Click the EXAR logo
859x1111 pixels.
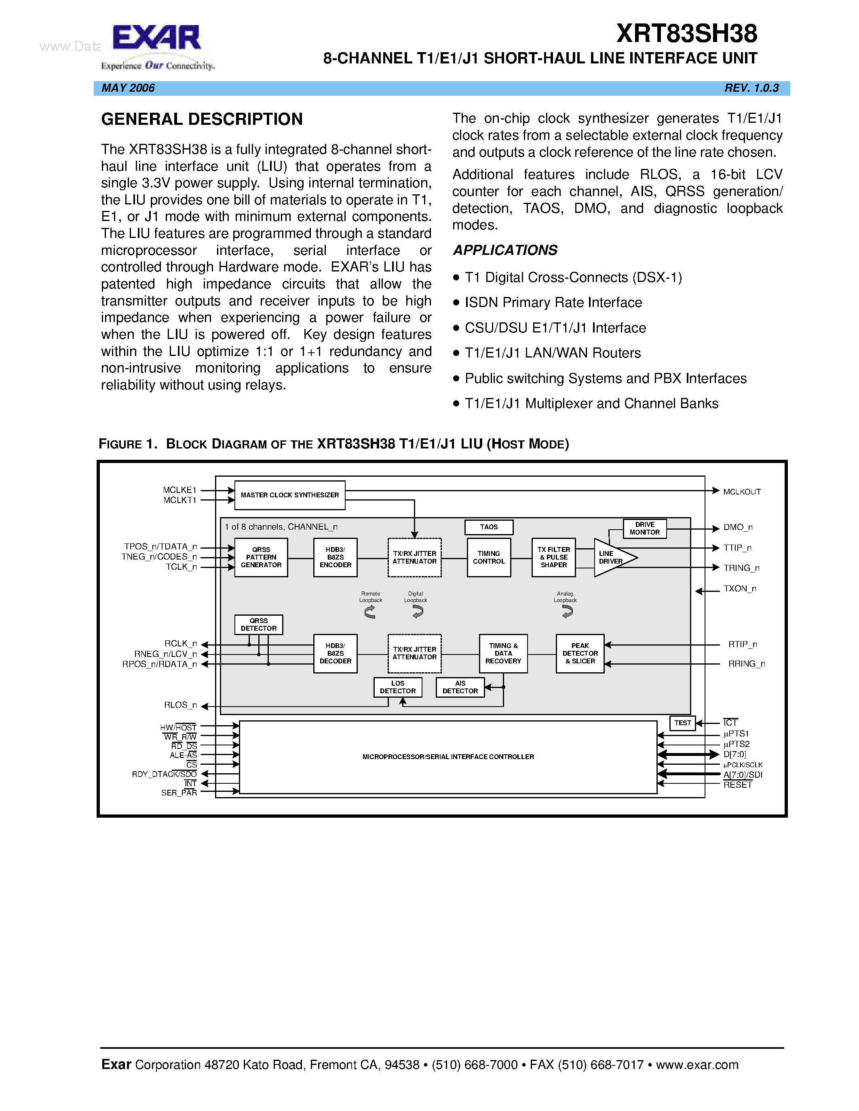[x=157, y=40]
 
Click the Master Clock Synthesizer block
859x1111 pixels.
[x=289, y=495]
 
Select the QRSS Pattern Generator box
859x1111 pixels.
[x=261, y=558]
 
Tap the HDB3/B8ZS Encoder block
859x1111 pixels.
[x=336, y=558]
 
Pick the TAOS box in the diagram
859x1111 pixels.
[x=489, y=527]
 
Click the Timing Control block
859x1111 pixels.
[x=489, y=558]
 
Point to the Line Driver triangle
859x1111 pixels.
[x=611, y=558]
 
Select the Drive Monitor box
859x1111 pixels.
[x=644, y=528]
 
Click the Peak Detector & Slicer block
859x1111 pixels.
[x=580, y=654]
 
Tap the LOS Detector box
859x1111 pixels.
[x=397, y=687]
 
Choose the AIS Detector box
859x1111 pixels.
[x=460, y=687]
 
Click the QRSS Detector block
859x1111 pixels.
[x=259, y=625]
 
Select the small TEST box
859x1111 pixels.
[x=682, y=723]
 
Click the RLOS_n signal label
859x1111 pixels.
[x=180, y=705]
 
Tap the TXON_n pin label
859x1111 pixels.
[x=739, y=589]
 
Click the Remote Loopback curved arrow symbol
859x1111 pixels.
[x=370, y=612]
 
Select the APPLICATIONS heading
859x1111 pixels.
[x=505, y=250]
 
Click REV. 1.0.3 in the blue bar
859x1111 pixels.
[x=751, y=88]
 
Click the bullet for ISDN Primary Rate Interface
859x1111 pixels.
[x=456, y=303]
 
